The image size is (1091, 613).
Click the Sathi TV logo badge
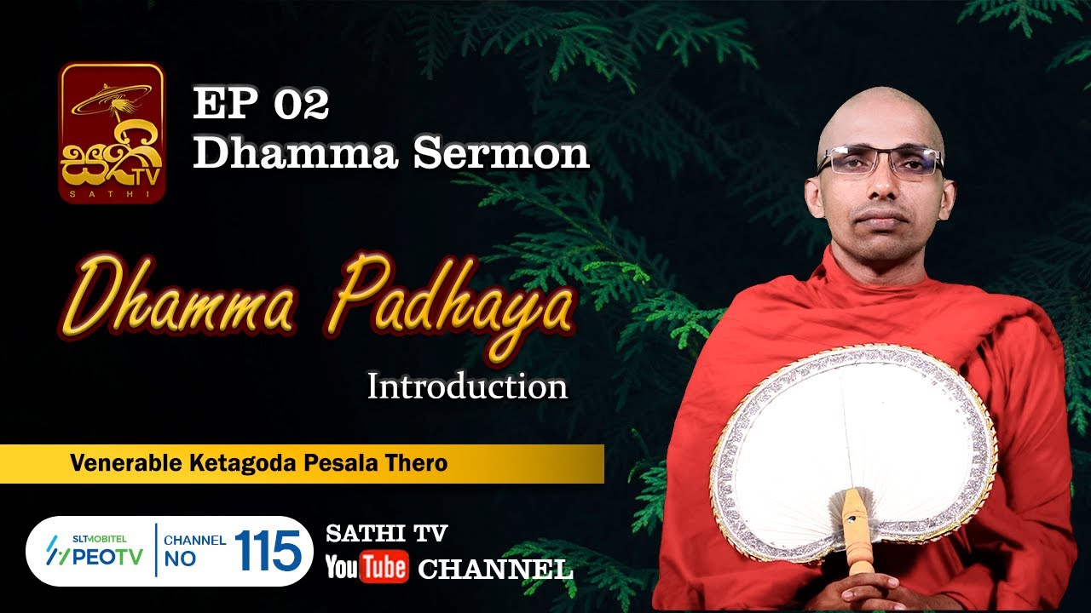pos(111,133)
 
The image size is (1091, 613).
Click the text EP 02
pos(261,105)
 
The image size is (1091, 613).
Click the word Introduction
pos(467,387)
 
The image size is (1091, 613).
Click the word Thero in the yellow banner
pos(418,463)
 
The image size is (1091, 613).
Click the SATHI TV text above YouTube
pos(386,534)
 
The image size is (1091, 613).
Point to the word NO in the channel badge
pos(180,559)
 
